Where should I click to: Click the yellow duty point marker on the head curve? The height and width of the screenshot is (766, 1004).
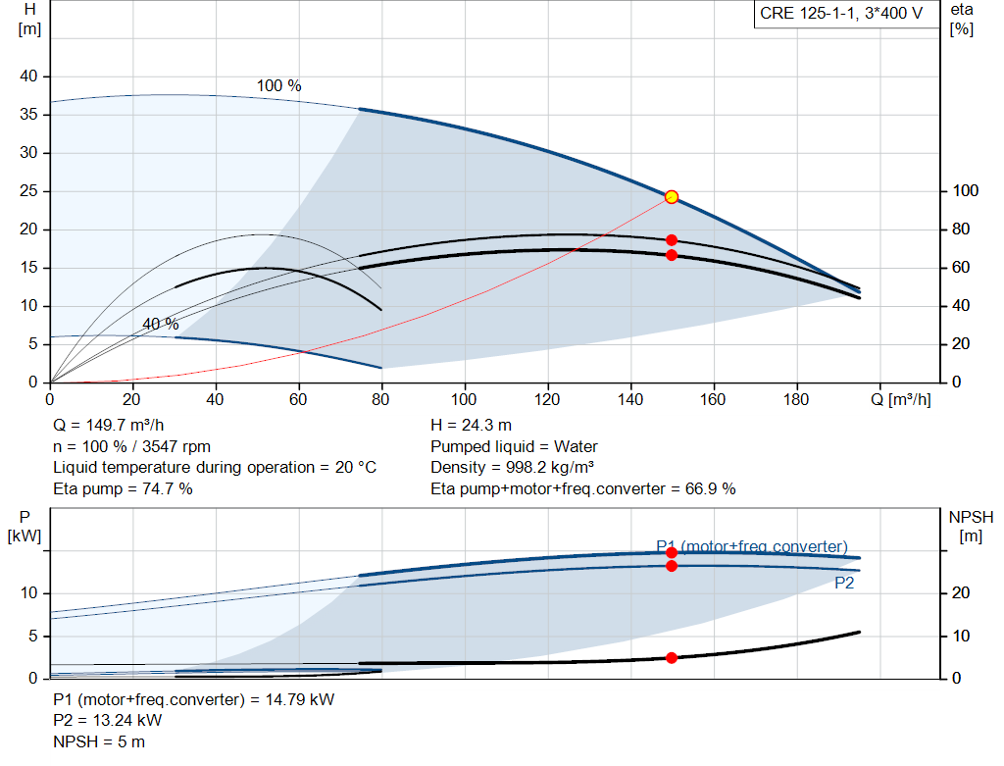(x=671, y=196)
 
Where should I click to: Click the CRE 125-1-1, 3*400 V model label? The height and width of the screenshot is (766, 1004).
(x=840, y=14)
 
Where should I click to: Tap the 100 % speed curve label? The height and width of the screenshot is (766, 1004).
(x=278, y=86)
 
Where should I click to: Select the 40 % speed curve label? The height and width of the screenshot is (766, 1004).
(x=160, y=324)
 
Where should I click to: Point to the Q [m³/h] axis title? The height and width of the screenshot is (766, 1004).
(x=900, y=399)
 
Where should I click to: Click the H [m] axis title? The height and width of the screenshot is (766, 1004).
(x=29, y=20)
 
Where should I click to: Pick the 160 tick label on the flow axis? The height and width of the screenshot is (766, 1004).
(x=713, y=399)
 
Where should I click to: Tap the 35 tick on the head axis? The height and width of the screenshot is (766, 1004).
(x=28, y=115)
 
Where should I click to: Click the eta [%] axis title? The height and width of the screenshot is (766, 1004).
(x=961, y=20)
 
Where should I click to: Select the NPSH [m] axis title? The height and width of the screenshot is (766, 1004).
(x=971, y=527)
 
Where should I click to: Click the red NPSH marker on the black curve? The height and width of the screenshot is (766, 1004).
(x=671, y=658)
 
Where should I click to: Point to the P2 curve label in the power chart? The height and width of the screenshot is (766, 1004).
(x=844, y=583)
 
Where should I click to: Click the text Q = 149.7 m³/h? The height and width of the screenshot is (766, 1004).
(x=108, y=426)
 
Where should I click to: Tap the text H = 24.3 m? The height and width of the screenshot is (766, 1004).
(x=471, y=426)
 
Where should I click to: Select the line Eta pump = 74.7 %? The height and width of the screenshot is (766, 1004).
(x=123, y=488)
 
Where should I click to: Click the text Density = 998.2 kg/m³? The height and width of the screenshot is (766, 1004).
(x=512, y=468)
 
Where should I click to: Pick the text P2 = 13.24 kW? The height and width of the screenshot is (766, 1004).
(x=108, y=721)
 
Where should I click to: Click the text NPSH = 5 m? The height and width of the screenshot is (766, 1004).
(x=99, y=742)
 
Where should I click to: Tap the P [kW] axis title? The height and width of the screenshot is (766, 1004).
(x=25, y=527)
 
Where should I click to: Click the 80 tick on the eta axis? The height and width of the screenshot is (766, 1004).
(x=961, y=230)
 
